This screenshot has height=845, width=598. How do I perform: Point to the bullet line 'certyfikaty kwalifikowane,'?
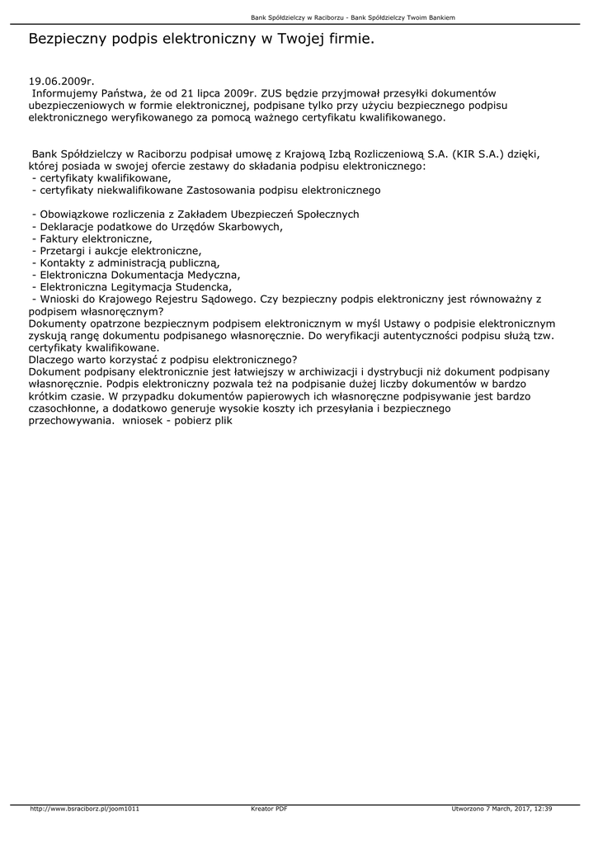click(101, 178)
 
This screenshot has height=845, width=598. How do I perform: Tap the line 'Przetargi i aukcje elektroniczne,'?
click(116, 250)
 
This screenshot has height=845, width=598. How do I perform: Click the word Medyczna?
click(215, 275)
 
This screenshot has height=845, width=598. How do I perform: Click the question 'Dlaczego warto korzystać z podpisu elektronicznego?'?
click(162, 360)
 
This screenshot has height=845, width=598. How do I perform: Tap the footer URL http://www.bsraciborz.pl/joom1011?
click(84, 809)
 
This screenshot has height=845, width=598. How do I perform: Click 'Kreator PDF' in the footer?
click(269, 809)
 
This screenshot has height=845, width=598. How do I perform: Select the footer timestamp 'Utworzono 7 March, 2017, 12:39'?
click(502, 809)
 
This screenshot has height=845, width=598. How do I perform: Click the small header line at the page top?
click(353, 17)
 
